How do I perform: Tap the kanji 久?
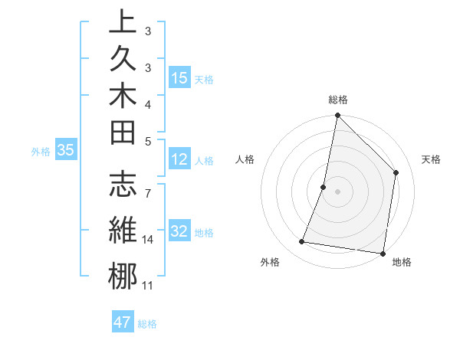(123, 59)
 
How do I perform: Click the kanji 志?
(123, 185)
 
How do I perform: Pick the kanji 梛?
(123, 277)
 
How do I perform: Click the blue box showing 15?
(179, 78)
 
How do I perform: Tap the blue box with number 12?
(179, 160)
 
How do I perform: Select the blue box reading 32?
(179, 232)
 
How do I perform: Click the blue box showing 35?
(66, 151)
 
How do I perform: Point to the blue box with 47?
(123, 322)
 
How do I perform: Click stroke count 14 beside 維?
(148, 240)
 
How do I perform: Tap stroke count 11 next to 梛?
(148, 286)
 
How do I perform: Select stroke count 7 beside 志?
(148, 185)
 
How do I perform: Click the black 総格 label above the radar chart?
(338, 99)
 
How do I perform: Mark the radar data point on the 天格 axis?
(396, 172)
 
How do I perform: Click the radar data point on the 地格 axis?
(383, 254)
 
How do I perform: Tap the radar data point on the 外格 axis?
(302, 242)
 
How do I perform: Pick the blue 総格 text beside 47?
(147, 324)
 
